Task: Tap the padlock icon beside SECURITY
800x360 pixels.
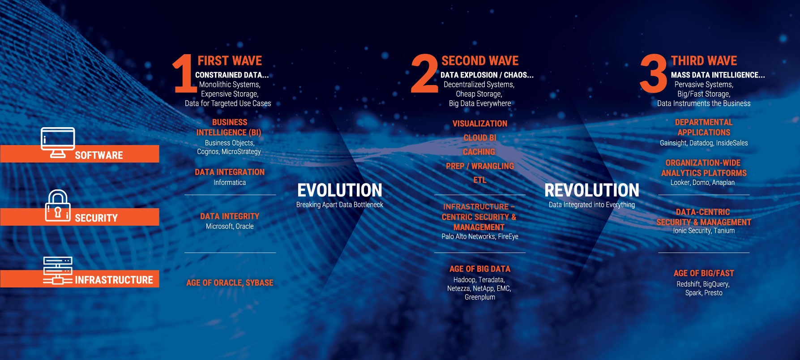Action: pos(58,206)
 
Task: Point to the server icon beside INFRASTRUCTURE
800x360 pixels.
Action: pos(58,270)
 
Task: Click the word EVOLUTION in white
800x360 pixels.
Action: pos(340,190)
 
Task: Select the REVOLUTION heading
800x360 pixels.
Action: pos(592,190)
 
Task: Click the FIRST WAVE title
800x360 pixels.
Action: pos(230,60)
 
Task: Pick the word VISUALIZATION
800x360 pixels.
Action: pos(480,124)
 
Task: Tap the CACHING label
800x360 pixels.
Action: pos(479,152)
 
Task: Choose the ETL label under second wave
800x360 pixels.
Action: pos(480,180)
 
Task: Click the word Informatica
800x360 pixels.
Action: pos(230,183)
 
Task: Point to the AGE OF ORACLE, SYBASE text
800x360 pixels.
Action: pos(230,283)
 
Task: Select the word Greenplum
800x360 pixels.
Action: pos(480,297)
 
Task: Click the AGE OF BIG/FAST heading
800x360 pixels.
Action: pos(704,273)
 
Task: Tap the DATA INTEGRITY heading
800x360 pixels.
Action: pos(230,216)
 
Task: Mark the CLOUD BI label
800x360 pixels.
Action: pos(480,138)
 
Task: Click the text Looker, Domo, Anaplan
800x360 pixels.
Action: pos(702,183)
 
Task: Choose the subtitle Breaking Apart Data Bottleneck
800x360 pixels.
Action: pos(340,205)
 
